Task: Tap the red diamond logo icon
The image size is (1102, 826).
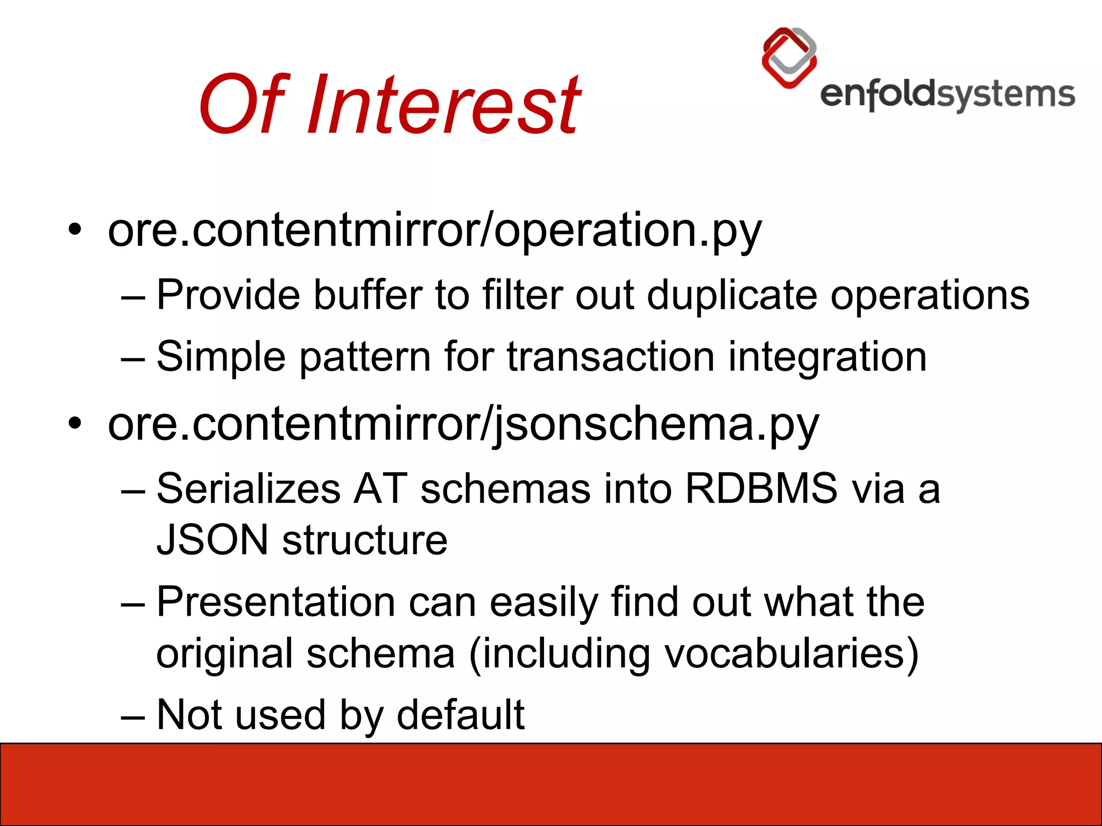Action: click(x=789, y=58)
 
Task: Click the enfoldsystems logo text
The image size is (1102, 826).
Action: click(x=947, y=96)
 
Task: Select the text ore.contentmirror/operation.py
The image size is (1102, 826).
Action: click(x=435, y=230)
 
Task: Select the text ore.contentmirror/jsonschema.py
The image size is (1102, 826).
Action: click(x=463, y=424)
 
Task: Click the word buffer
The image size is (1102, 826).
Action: click(x=368, y=295)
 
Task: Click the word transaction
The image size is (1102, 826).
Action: click(x=610, y=357)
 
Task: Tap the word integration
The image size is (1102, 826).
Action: click(x=828, y=358)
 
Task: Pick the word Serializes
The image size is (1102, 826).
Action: click(x=249, y=489)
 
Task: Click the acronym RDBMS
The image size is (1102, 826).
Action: click(x=761, y=489)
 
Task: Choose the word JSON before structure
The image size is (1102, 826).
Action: click(x=212, y=540)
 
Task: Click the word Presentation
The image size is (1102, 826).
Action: click(x=276, y=602)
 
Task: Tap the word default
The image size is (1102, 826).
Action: click(x=461, y=715)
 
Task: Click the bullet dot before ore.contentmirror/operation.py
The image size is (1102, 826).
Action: click(x=75, y=231)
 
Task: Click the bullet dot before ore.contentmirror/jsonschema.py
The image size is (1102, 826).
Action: click(x=75, y=424)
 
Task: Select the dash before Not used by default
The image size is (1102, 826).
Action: click(x=133, y=718)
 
